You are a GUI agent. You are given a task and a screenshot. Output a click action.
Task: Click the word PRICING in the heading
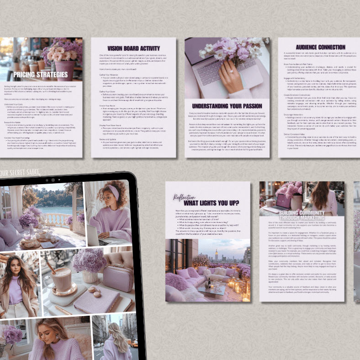click(27, 74)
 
